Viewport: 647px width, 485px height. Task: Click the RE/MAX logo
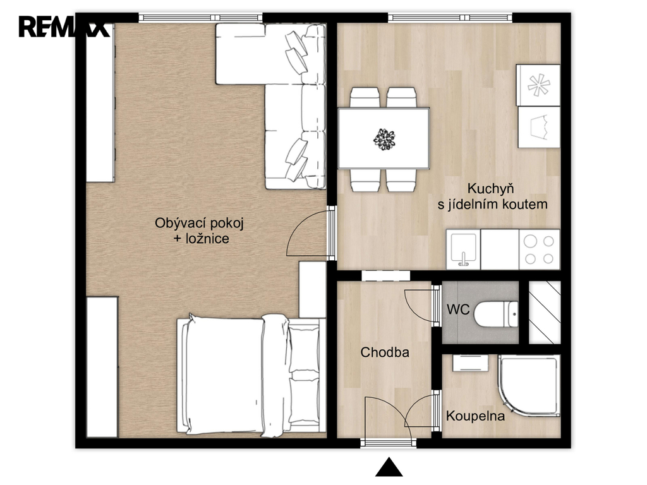pyautogui.click(x=64, y=27)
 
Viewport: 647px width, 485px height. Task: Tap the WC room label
pyautogui.click(x=458, y=309)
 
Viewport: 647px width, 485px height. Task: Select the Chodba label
pyautogui.click(x=385, y=352)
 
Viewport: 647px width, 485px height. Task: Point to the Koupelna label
pyautogui.click(x=475, y=416)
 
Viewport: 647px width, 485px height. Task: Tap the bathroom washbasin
pyautogui.click(x=470, y=362)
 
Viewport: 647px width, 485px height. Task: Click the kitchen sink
pyautogui.click(x=463, y=249)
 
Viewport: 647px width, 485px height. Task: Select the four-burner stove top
pyautogui.click(x=540, y=249)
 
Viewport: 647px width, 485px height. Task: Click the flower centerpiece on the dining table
pyautogui.click(x=384, y=138)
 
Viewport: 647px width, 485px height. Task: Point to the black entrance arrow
pyautogui.click(x=389, y=467)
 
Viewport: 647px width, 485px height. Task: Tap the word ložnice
pyautogui.click(x=207, y=238)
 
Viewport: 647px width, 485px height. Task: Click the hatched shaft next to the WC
pyautogui.click(x=545, y=312)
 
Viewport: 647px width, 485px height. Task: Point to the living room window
pyautogui.click(x=200, y=17)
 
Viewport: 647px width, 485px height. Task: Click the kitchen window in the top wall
pyautogui.click(x=450, y=17)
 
